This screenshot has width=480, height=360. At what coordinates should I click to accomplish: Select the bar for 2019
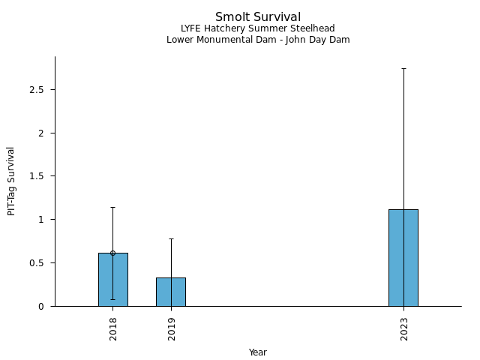pos(171,292)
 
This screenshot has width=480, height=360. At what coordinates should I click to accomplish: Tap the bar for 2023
pos(403,258)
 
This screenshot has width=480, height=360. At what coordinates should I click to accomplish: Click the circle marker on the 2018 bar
pos(113,253)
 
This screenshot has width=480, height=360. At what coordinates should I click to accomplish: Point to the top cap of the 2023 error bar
pos(403,68)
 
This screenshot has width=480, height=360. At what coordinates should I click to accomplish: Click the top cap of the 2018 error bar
pos(113,207)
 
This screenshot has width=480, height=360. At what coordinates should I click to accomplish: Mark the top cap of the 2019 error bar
pos(171,238)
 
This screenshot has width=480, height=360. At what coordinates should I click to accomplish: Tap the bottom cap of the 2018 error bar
pos(113,299)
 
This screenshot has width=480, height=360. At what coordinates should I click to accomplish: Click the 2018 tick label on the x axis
pos(113,328)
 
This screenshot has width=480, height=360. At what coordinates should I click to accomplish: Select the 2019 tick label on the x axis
pos(171,328)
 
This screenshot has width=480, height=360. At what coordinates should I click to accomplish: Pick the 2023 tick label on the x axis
pos(403,328)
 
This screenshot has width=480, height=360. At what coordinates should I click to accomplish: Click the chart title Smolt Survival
pos(258,16)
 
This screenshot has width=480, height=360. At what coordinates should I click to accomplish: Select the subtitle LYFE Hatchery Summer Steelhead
pos(258,28)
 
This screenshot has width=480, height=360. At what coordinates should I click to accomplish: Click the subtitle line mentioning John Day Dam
pos(258,40)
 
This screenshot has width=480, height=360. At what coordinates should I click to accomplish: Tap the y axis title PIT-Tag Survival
pos(11,181)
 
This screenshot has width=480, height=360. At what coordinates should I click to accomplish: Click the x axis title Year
pos(258,352)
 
